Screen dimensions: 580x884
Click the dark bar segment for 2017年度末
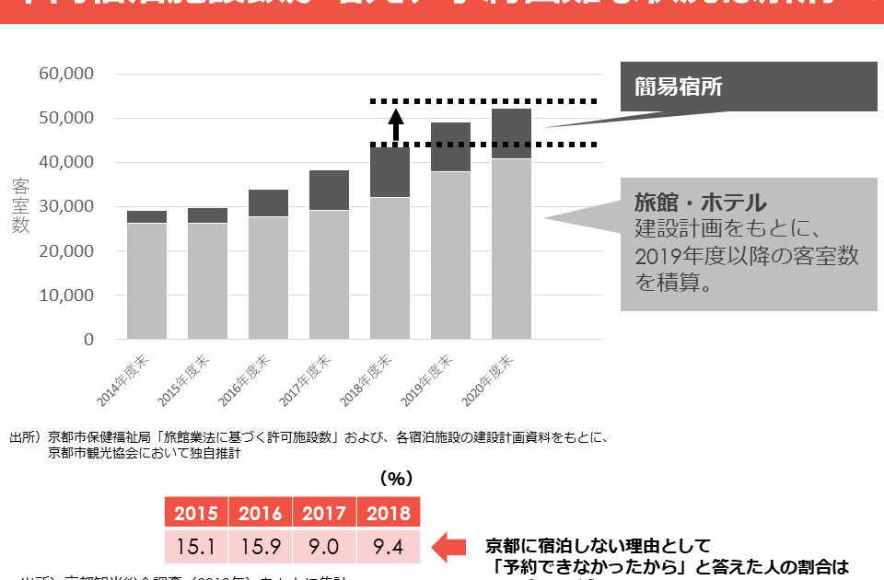tap(330, 191)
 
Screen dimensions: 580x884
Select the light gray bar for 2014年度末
tap(146, 281)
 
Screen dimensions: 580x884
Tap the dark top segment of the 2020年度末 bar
tap(511, 133)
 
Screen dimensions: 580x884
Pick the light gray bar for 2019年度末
tap(450, 255)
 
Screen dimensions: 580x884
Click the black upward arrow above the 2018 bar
tap(396, 124)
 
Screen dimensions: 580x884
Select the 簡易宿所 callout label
tap(679, 87)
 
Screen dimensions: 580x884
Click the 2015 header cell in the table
tap(195, 514)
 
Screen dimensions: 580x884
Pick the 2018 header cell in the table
tap(388, 514)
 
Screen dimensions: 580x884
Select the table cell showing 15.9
tap(260, 547)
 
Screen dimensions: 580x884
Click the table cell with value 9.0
tap(324, 547)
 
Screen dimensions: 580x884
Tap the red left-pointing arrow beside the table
tap(450, 547)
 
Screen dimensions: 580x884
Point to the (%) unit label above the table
tap(396, 479)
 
